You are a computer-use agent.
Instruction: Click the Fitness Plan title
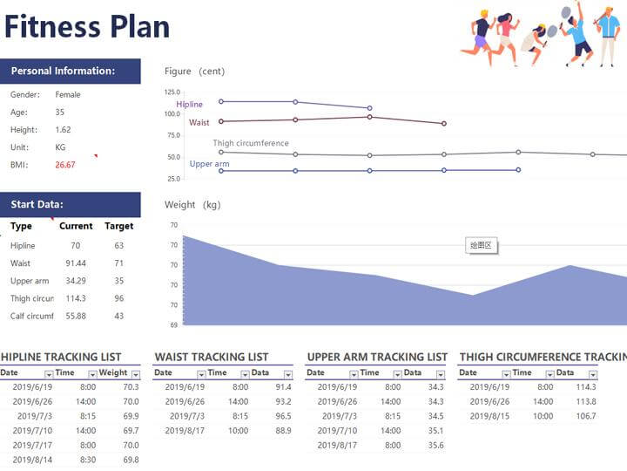coord(87,26)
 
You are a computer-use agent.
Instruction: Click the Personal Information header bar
coord(70,71)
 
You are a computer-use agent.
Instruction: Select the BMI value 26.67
coord(65,165)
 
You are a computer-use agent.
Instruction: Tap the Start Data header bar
coord(70,205)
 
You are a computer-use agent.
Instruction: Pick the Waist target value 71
coord(118,263)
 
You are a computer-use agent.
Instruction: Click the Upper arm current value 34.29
coord(76,281)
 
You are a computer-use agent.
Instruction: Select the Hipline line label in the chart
coord(189,105)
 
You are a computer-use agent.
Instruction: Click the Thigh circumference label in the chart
coord(251,143)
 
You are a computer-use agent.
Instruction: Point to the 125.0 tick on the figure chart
coord(172,92)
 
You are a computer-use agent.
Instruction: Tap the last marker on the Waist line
coord(444,124)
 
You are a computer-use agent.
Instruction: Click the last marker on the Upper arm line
coord(518,170)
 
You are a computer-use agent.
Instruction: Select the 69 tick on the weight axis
coord(173,324)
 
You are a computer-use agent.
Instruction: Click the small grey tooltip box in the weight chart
coord(482,246)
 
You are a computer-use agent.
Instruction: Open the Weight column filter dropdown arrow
coord(134,373)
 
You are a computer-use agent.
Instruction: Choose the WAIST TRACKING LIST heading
coord(212,357)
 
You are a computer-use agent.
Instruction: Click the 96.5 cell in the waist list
coord(283,416)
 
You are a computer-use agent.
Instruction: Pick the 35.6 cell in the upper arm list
coord(436,446)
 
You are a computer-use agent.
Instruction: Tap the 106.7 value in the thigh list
coord(585,416)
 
